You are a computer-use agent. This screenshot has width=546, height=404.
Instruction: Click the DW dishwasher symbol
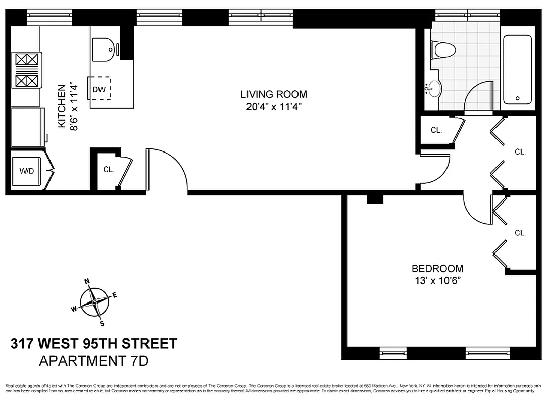pyautogui.click(x=100, y=89)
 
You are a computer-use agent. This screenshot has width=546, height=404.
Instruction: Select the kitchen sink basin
pyautogui.click(x=104, y=49)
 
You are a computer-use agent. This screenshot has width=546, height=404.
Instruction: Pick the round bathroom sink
pyautogui.click(x=433, y=89)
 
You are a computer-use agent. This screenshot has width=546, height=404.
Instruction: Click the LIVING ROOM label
pyautogui.click(x=273, y=94)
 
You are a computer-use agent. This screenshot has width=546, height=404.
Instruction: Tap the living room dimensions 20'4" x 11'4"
pyautogui.click(x=273, y=106)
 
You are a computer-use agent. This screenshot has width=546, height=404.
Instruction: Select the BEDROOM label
pyautogui.click(x=437, y=269)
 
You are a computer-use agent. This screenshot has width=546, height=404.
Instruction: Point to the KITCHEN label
pyautogui.click(x=61, y=106)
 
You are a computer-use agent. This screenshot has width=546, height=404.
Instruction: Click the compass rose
pyautogui.click(x=94, y=301)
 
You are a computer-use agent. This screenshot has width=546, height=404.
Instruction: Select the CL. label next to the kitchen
pyautogui.click(x=109, y=170)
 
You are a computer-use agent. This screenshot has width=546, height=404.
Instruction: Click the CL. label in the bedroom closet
pyautogui.click(x=520, y=233)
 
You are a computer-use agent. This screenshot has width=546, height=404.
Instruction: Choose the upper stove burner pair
pyautogui.click(x=27, y=60)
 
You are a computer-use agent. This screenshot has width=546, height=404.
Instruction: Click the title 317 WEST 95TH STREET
pyautogui.click(x=94, y=344)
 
